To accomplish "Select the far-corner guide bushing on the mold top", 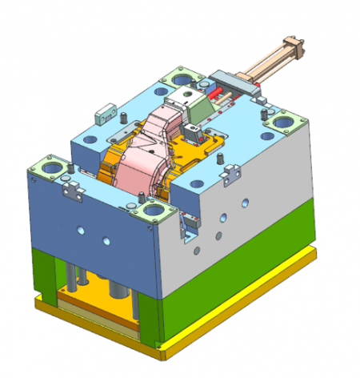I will coord(182,79).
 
